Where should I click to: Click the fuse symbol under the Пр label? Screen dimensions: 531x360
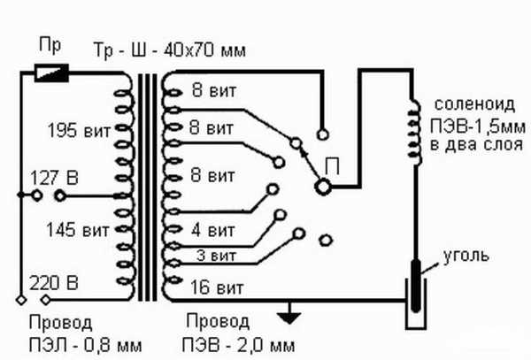pos(52,73)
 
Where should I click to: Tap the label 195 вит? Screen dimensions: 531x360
pos(80,130)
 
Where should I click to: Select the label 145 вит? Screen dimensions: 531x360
pos(78,230)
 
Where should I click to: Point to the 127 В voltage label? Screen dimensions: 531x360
pos(54,178)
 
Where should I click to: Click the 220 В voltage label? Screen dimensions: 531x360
pos(53,283)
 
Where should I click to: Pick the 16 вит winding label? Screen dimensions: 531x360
pos(217,288)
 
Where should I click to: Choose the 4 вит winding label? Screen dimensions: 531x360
pos(213,231)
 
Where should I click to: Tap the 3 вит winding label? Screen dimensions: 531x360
pos(216,256)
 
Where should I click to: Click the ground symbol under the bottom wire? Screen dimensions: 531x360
pos(289,314)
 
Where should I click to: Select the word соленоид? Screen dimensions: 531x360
pos(474,105)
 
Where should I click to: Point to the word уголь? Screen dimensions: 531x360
pos(466,256)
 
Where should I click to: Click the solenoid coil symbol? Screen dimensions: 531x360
pos(415,133)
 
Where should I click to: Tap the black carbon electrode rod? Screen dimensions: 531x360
pos(416,286)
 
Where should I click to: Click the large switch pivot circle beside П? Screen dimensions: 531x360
pos(323,187)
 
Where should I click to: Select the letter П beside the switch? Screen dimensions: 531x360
pos(332,166)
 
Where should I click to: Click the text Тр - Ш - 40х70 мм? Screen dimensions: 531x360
pos(169,50)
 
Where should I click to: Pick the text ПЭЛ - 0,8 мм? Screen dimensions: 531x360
pos(85,346)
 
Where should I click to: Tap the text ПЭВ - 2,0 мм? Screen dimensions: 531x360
pos(238,346)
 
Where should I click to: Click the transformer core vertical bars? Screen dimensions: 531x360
pos(147,188)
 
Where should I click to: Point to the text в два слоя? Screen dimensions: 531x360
pos(476,145)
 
